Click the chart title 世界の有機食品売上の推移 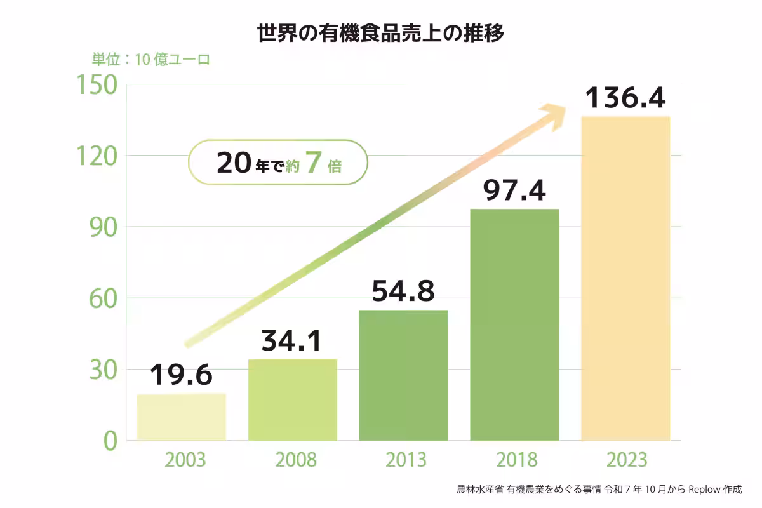(380, 33)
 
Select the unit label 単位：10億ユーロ (150, 60)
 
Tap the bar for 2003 (182, 417)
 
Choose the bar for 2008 (292, 400)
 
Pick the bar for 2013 (403, 375)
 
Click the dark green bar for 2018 (514, 324)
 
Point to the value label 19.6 (182, 375)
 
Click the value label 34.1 (292, 341)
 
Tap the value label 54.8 (403, 291)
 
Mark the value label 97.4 (514, 190)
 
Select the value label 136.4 (625, 98)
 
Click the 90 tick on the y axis (101, 227)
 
